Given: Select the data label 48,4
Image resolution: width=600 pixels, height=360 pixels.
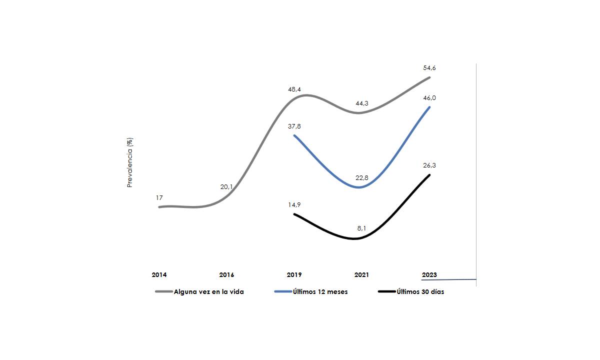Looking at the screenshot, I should tap(294, 89).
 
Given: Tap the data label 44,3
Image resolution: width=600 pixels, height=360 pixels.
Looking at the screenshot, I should tap(361, 103).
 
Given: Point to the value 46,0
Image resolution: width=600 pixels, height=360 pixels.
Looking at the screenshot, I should tap(429, 98).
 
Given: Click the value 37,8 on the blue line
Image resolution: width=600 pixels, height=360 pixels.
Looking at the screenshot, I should tap(294, 126).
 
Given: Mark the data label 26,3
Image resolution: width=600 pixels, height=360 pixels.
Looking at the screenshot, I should tap(429, 165).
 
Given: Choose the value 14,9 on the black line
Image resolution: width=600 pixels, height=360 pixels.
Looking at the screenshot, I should tap(294, 204).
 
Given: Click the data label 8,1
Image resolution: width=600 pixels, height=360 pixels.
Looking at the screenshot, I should tap(362, 228).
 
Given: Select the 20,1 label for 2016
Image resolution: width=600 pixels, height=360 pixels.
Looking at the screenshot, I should tap(226, 186).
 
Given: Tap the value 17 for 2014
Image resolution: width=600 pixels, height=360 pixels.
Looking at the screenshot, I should tap(159, 198).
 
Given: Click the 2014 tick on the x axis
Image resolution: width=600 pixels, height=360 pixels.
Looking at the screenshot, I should tap(159, 275).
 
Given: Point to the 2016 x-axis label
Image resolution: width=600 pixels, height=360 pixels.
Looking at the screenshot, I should tap(226, 275).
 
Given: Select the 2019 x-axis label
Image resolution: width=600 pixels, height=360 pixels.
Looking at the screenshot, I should tap(294, 275).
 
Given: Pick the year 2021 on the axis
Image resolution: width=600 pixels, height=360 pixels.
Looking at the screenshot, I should tap(361, 275).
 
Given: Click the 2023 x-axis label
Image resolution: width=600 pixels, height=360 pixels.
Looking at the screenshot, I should tap(429, 275).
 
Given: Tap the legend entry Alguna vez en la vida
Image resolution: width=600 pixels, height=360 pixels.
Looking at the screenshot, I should tap(208, 292).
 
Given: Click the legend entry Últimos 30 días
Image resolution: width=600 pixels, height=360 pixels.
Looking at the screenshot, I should tap(420, 292).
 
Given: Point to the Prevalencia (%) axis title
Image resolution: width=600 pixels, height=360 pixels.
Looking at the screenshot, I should tap(130, 162).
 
